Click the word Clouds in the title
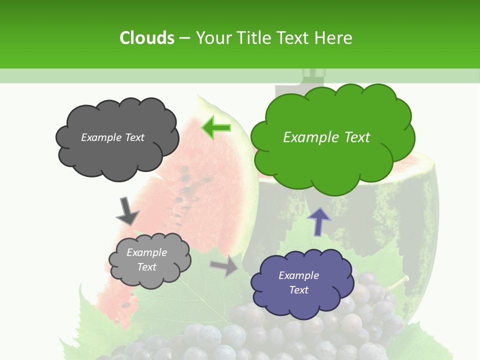tap(146, 38)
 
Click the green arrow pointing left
tap(216, 127)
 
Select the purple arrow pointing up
tap(318, 221)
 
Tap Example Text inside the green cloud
tap(326, 137)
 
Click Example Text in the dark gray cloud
tap(112, 137)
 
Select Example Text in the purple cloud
tap(298, 282)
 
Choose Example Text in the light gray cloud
tap(146, 259)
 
